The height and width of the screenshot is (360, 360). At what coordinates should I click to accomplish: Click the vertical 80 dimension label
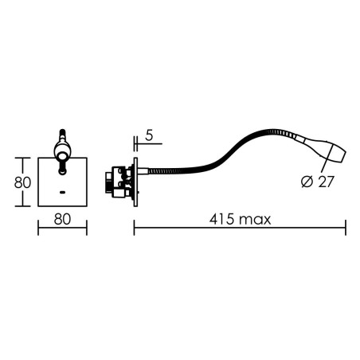point(22,182)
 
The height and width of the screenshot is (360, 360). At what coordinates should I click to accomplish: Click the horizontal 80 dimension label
point(62,219)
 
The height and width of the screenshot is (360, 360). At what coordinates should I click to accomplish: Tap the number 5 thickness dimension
point(150,135)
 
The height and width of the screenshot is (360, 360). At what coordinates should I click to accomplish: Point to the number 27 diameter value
point(326,182)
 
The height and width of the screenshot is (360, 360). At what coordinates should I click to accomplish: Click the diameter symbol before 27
point(307,182)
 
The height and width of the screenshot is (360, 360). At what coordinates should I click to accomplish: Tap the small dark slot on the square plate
point(63,192)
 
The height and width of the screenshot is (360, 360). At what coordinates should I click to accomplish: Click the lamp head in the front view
point(62,151)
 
